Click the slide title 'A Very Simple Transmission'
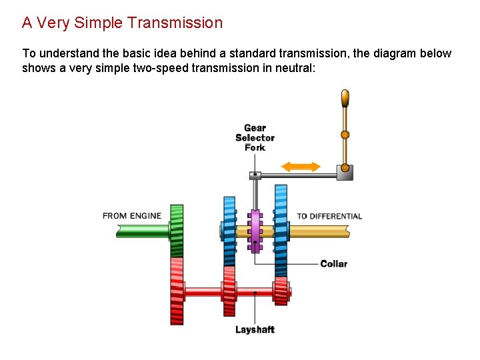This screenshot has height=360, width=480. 122,23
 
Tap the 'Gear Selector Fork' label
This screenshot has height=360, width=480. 255,137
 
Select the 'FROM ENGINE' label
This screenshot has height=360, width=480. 132,216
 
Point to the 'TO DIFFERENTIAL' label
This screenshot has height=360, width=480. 329,216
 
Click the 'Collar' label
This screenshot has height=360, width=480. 333,264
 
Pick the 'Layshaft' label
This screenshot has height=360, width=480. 255,329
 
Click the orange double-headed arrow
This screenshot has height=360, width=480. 301,167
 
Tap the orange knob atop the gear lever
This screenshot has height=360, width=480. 345,98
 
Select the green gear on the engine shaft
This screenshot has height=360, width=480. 177,231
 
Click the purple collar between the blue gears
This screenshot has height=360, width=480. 255,231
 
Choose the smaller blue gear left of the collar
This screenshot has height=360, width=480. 229,230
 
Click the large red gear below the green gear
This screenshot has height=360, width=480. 177,291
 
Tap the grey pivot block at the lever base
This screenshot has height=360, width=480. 345,172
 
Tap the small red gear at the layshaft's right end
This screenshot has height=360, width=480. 281,291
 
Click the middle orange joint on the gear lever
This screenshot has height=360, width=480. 345,135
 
